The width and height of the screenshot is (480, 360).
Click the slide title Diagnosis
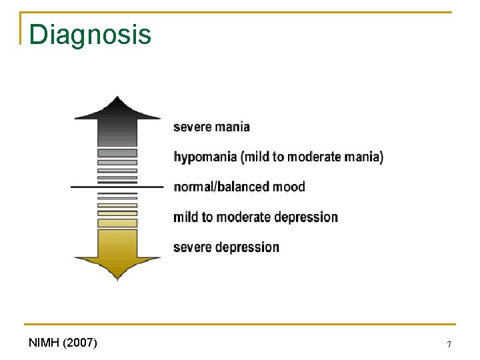[90, 35]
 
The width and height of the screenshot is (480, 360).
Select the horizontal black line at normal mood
[117, 187]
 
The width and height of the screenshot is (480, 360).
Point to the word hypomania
[205, 157]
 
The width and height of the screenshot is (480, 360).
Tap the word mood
[289, 187]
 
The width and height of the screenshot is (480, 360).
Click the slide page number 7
[449, 345]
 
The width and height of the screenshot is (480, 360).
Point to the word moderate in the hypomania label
[309, 157]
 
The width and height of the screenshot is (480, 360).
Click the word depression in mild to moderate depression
[306, 217]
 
